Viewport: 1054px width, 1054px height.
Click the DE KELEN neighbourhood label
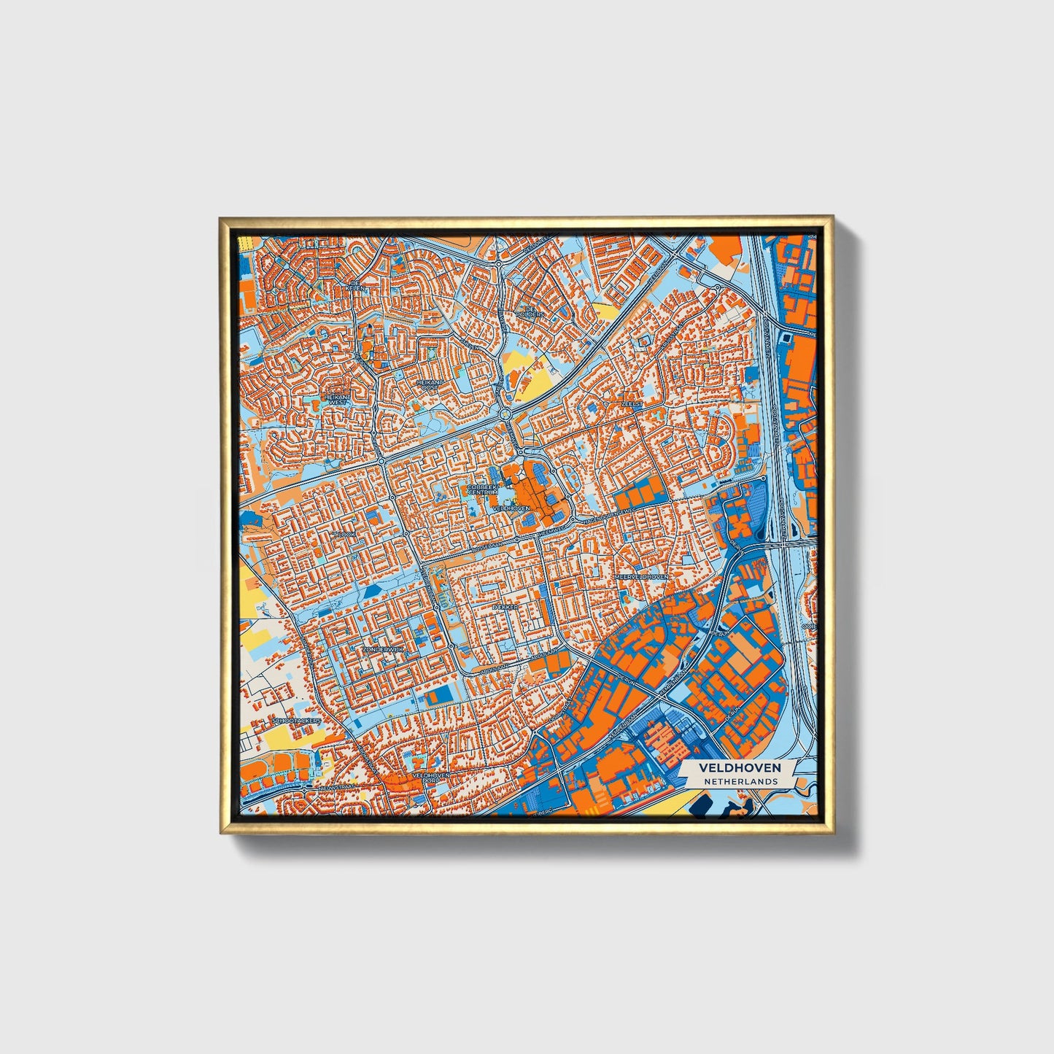[x=356, y=285]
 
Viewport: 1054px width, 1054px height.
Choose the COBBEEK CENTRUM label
[x=482, y=489]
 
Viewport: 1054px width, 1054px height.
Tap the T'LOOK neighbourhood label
[x=344, y=534]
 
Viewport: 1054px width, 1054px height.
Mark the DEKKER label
[x=504, y=606]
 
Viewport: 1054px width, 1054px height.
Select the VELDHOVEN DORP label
[x=430, y=778]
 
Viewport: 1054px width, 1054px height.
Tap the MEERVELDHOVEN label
[x=640, y=576]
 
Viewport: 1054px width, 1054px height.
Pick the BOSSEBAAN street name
[x=487, y=544]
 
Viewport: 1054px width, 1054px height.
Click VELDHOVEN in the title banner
[x=740, y=767]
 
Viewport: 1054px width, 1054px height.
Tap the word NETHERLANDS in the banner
[x=740, y=781]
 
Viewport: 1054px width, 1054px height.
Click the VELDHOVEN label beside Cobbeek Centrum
[x=511, y=508]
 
